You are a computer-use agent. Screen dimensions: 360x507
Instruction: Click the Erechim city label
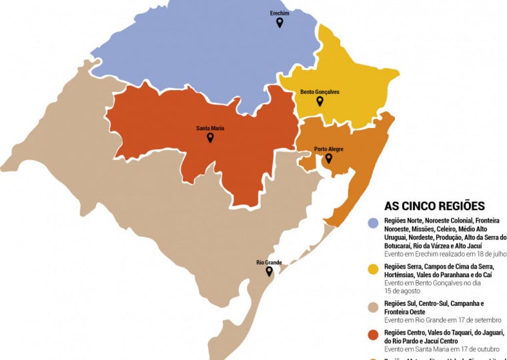279,13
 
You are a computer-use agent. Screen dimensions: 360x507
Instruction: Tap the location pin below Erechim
279,23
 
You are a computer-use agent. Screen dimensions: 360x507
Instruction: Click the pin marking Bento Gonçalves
320,101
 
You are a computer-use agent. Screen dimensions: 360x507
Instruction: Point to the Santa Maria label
209,128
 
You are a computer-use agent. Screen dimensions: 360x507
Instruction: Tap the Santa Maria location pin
209,137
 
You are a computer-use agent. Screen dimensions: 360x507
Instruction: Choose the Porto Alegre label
329,149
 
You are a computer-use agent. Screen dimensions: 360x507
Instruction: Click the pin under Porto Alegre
328,158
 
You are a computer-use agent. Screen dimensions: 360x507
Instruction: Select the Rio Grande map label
270,263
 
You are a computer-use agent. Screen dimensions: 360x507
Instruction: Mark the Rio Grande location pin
270,272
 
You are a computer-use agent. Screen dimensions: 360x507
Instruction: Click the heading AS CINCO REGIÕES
434,206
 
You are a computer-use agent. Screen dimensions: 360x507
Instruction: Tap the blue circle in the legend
374,221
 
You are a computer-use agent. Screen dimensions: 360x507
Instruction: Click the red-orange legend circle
374,334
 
